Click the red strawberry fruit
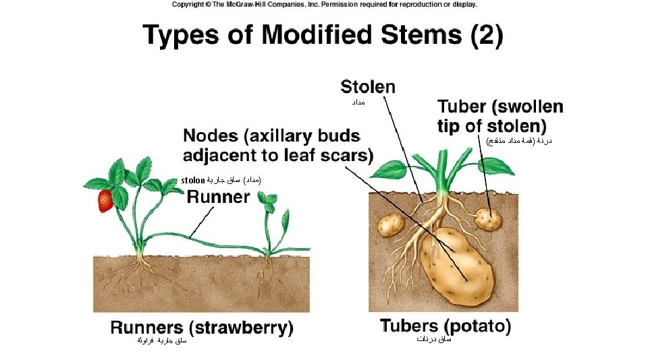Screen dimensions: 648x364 pos(105,201)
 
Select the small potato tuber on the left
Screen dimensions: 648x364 pos(390,225)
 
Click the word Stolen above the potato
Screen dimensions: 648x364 pos(368,87)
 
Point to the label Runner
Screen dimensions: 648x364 pos(218,198)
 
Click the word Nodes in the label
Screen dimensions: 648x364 pos(210,136)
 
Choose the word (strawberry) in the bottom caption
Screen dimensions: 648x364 pos(242,328)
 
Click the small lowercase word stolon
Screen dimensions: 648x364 pos(193,181)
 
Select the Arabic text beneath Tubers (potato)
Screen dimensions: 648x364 pos(433,339)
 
